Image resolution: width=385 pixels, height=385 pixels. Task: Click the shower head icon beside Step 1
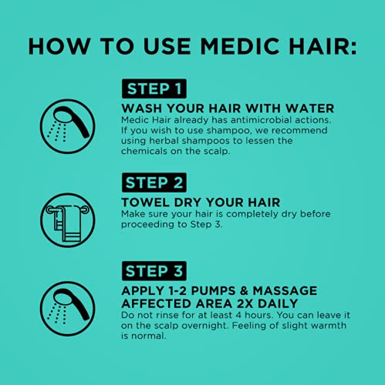[x=68, y=126]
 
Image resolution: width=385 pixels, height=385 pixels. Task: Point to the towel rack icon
[x=68, y=219]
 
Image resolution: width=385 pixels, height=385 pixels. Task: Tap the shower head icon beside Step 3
[x=68, y=308]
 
